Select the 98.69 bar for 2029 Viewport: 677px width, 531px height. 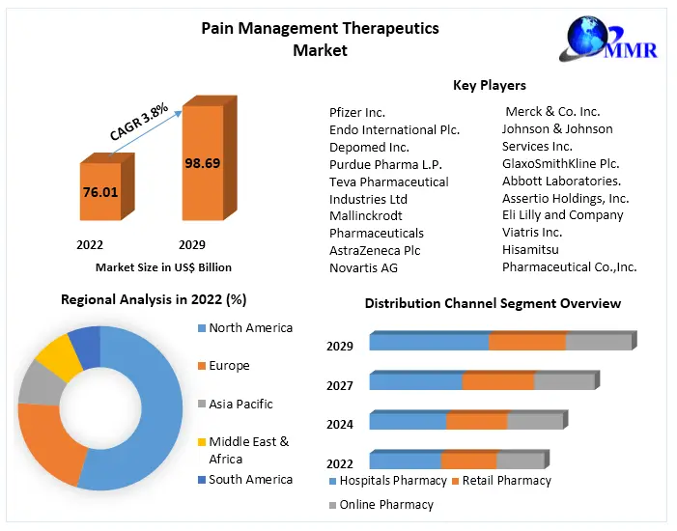203,163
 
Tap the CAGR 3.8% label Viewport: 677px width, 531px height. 139,122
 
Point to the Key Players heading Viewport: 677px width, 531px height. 490,86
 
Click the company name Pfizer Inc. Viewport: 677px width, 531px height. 357,112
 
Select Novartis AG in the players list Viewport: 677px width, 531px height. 363,267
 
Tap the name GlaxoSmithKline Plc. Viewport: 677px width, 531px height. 560,163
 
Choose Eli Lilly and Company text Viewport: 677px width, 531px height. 562,215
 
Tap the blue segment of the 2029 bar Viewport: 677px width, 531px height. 428,342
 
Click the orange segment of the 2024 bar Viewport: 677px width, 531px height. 476,421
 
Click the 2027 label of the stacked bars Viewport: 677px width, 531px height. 340,385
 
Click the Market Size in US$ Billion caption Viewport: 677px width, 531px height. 163,267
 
